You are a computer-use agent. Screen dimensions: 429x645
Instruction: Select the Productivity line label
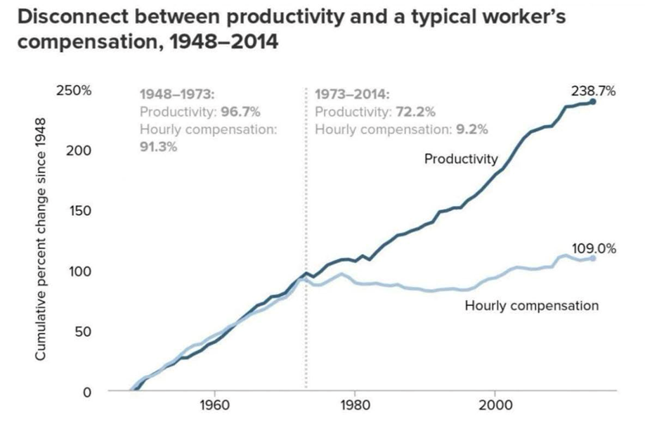460,159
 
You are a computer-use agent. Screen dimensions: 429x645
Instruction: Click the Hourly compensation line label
531,305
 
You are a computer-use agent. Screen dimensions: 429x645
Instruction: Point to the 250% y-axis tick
74,91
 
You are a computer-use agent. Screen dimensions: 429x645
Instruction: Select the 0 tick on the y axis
88,392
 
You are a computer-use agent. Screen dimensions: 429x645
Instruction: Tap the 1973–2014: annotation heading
351,94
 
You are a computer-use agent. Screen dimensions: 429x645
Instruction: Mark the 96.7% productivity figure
241,112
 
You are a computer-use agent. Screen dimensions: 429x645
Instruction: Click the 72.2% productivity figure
416,112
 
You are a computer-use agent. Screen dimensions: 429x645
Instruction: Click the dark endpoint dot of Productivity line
592,102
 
